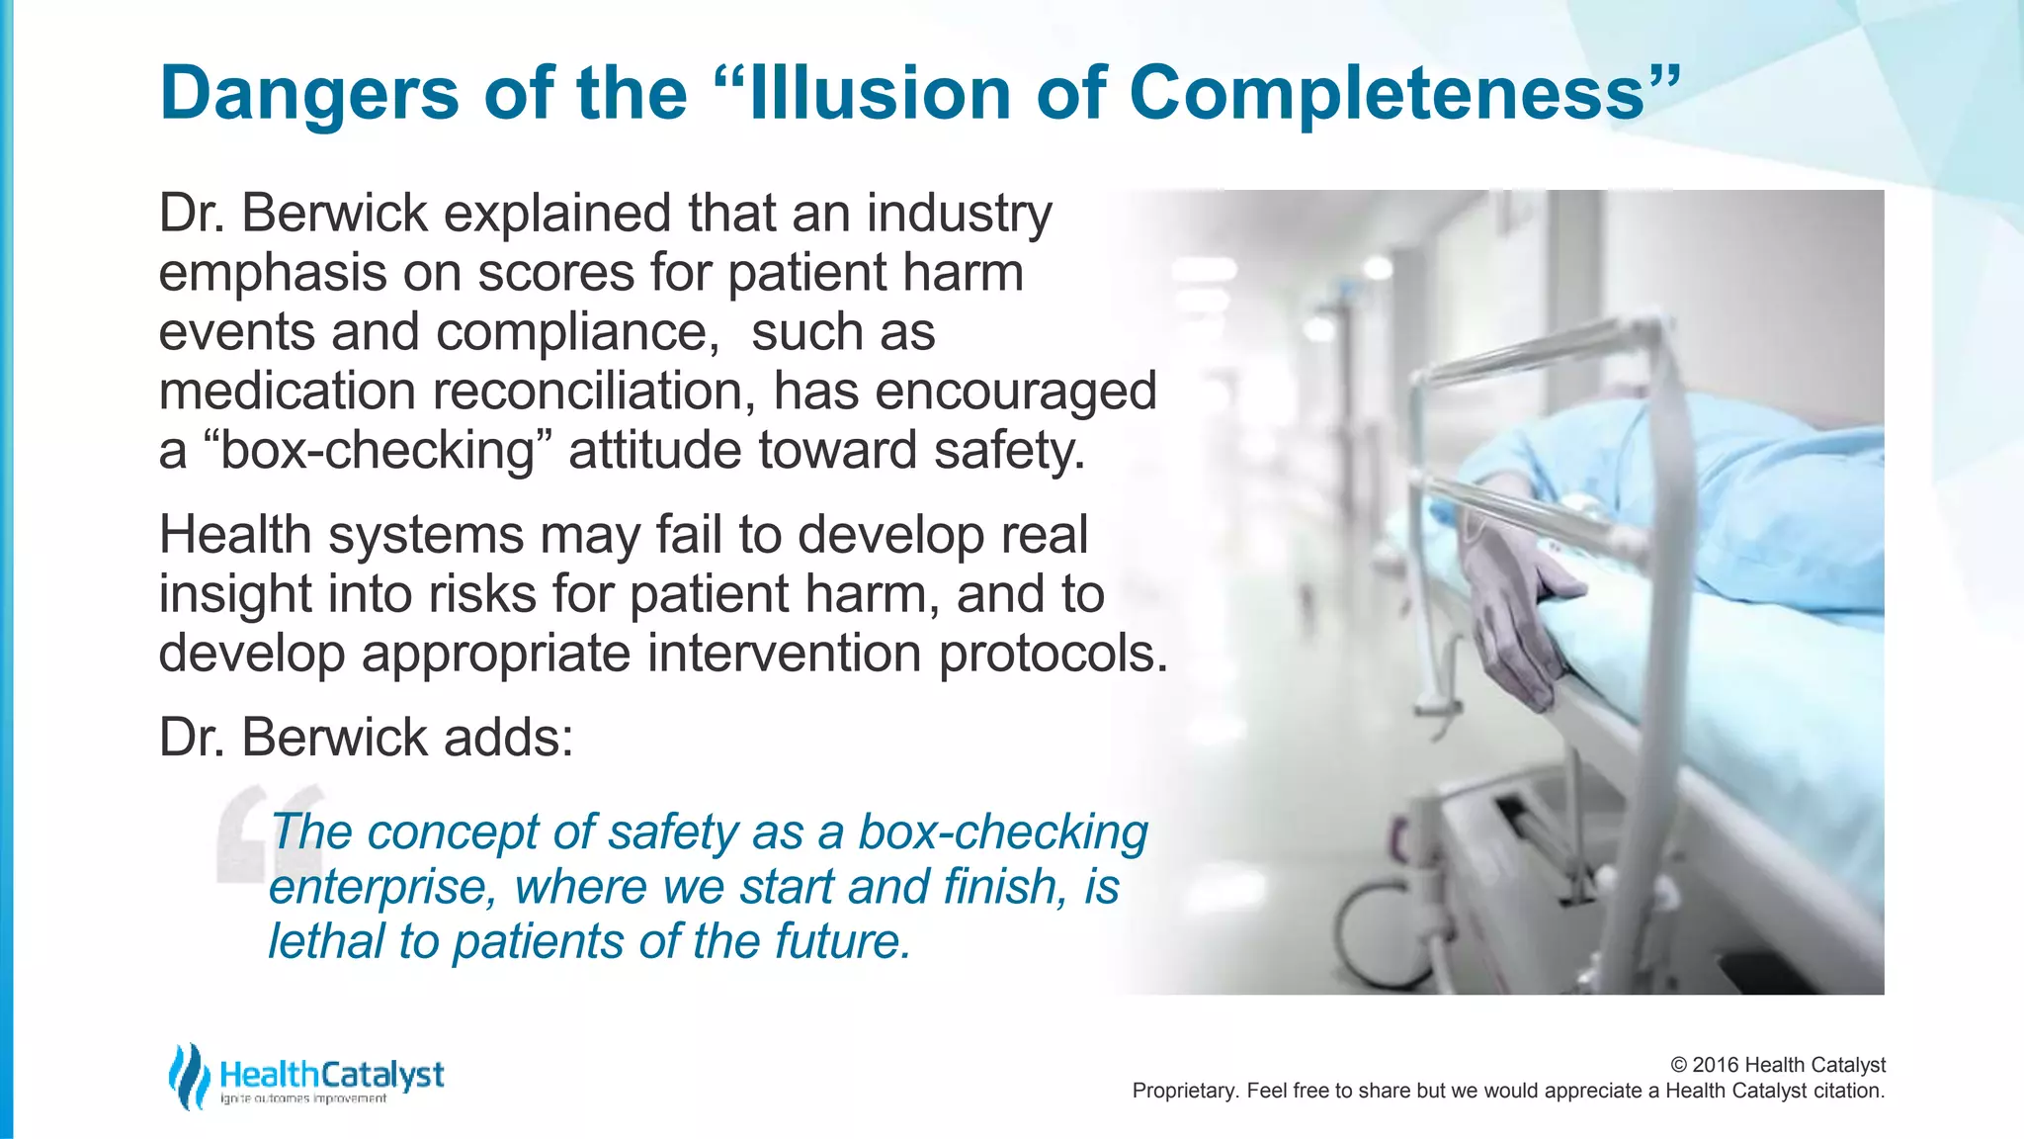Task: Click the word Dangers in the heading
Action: click(x=309, y=94)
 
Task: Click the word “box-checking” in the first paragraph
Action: click(x=377, y=452)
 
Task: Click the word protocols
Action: click(x=1053, y=655)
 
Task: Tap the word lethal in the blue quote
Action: click(x=326, y=941)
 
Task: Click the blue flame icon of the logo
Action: click(x=188, y=1076)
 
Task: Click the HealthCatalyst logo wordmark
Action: click(x=332, y=1074)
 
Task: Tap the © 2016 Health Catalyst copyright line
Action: click(x=1777, y=1065)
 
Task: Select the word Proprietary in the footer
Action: click(x=1184, y=1092)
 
